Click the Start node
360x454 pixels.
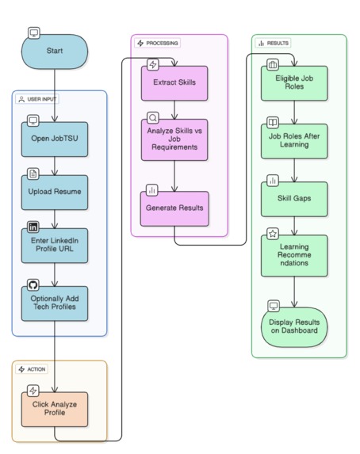click(55, 52)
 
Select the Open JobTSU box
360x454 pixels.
click(55, 139)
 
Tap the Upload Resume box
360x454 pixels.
click(55, 193)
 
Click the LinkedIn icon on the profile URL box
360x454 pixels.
click(33, 227)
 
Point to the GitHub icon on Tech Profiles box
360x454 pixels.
click(33, 285)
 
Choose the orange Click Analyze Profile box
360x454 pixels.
click(55, 409)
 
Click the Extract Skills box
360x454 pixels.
click(174, 83)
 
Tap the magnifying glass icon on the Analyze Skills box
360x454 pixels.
click(153, 117)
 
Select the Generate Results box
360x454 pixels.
click(174, 208)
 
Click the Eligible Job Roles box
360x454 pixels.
click(294, 83)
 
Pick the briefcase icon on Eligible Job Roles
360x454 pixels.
click(273, 64)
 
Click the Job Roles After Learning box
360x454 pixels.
click(294, 141)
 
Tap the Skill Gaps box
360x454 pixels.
click(294, 199)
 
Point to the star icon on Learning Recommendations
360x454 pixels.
click(273, 234)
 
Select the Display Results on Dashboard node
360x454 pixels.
click(294, 327)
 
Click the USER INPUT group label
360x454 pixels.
click(37, 99)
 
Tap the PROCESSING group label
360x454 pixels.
click(157, 43)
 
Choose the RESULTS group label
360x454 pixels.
click(273, 43)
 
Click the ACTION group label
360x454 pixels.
click(32, 369)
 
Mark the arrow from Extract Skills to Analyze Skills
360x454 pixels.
click(174, 110)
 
